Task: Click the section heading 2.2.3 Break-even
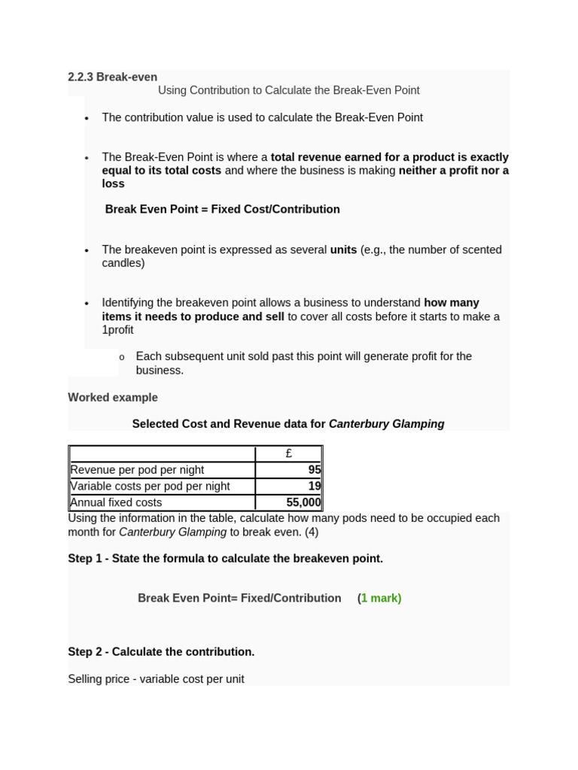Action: (112, 77)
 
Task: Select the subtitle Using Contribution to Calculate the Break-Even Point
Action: (288, 90)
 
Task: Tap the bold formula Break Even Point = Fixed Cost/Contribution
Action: (222, 209)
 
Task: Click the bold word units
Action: (343, 250)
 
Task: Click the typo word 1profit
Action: (117, 330)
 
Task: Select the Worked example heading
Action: (113, 397)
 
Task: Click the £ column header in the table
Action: (289, 453)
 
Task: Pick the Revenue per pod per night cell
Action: (137, 470)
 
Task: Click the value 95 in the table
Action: (314, 470)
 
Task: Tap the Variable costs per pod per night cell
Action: (150, 487)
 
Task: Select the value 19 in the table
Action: (314, 487)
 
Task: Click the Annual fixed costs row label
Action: (115, 502)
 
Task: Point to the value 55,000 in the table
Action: (303, 502)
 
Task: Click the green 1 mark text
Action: (380, 599)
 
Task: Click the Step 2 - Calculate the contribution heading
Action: (161, 652)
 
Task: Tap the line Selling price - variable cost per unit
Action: (156, 679)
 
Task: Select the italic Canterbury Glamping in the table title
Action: (386, 424)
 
